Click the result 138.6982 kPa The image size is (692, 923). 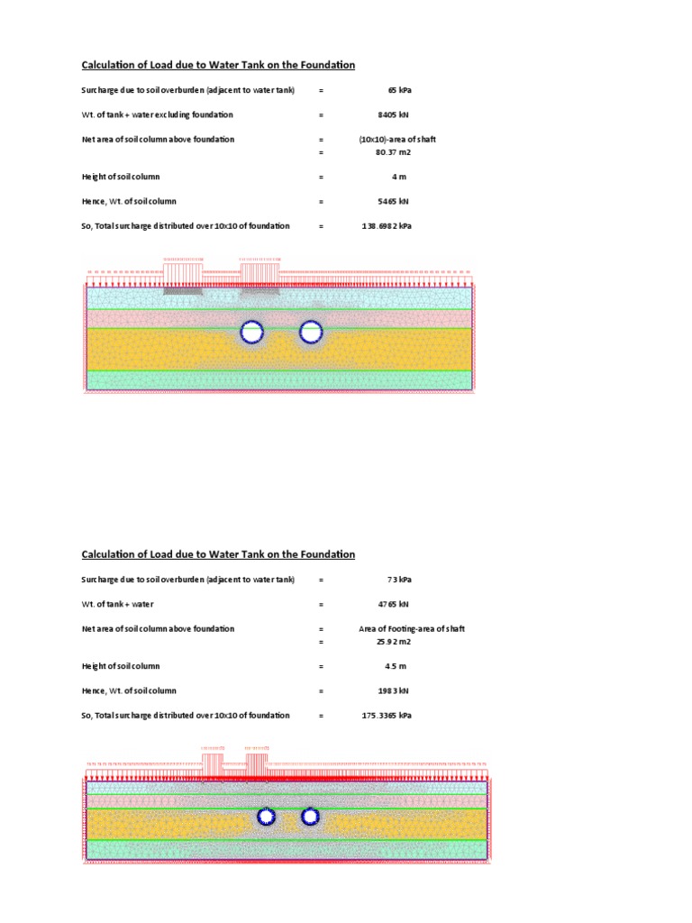pos(387,226)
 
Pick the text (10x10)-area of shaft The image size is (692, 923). pos(397,140)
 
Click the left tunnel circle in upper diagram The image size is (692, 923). pos(253,333)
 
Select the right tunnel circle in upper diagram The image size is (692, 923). pos(311,333)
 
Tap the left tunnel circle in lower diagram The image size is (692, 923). pos(267,817)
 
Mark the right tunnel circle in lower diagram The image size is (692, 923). pos(310,817)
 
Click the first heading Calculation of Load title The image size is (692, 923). pos(218,65)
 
